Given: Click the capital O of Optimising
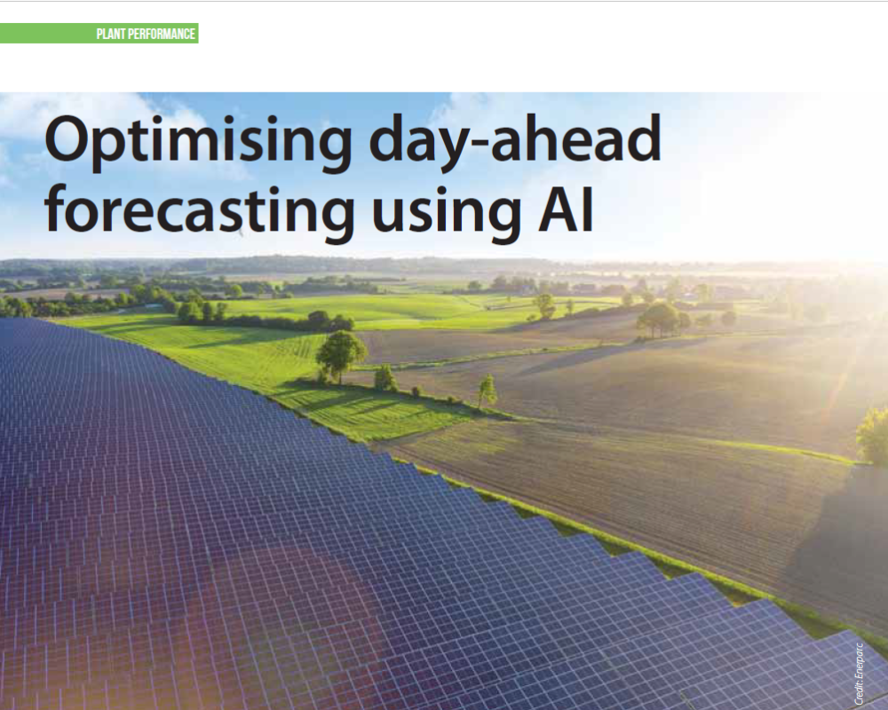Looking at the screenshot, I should coord(67,143).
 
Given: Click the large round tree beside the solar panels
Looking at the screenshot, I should coord(340,351).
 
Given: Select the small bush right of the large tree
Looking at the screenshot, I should coord(385,378).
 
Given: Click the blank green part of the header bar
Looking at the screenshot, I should coord(44,35).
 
